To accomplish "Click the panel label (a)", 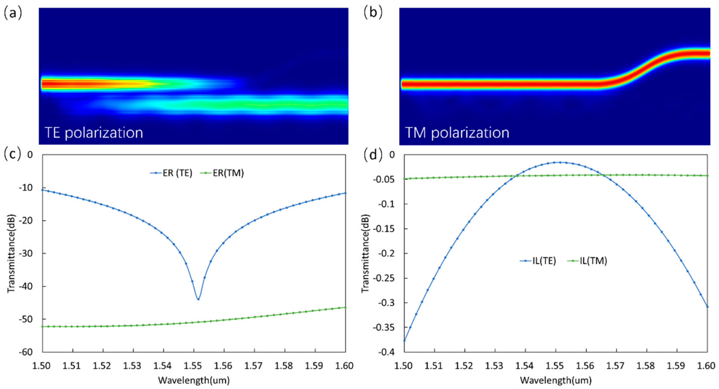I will (12, 13).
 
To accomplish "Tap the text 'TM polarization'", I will (457, 132).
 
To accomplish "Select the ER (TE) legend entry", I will (171, 173).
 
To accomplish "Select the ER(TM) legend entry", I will (222, 173).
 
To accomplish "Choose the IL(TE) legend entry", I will (538, 261).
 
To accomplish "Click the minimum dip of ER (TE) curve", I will (198, 299).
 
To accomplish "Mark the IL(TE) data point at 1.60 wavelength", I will (707, 306).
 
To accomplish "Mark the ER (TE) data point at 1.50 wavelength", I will (43, 190).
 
